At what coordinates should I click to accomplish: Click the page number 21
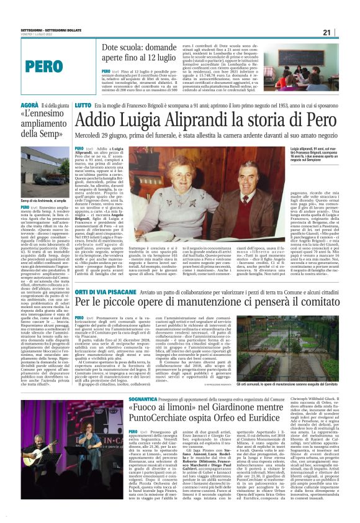click(344, 32)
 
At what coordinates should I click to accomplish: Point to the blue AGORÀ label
click(13, 106)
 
